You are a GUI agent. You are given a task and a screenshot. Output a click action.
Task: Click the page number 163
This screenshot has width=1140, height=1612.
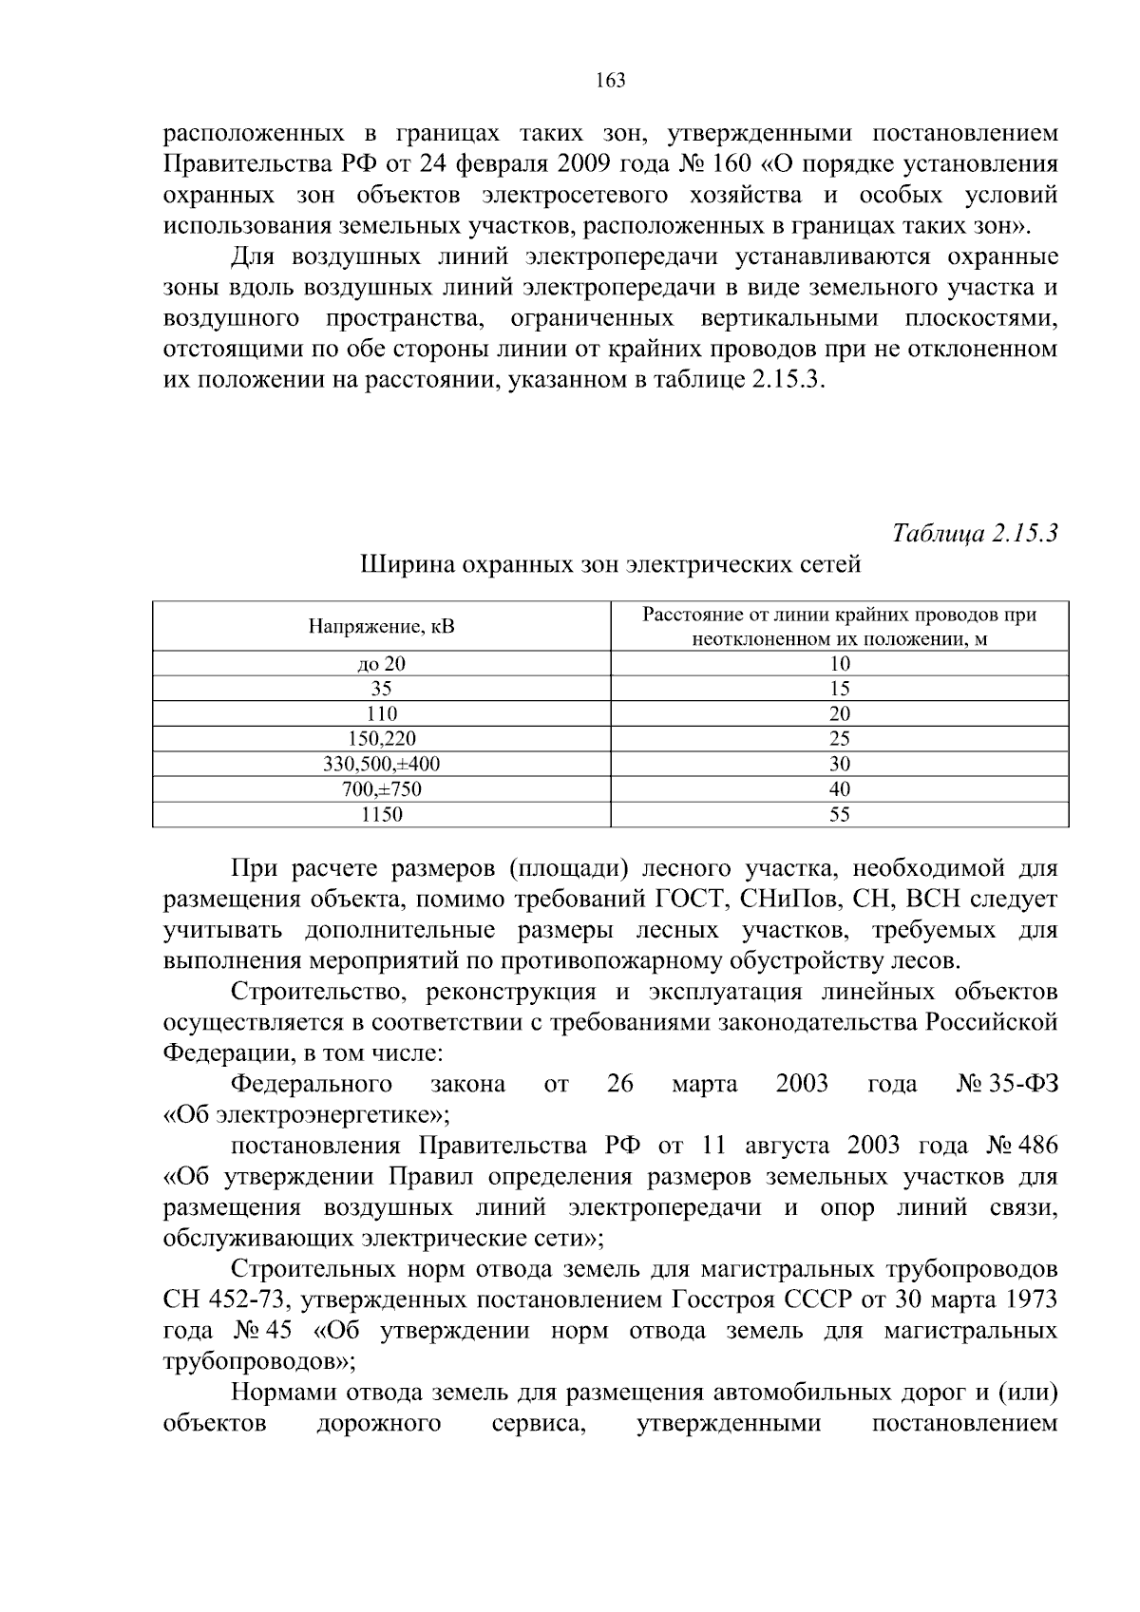(610, 81)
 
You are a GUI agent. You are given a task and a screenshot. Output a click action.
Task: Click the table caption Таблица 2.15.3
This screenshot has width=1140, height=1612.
(975, 533)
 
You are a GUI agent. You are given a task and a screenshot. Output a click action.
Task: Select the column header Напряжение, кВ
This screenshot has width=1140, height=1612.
(381, 626)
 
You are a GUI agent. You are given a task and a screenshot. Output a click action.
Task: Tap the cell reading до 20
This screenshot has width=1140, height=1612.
(381, 664)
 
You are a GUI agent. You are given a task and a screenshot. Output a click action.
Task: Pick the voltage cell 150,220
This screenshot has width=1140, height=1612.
(381, 739)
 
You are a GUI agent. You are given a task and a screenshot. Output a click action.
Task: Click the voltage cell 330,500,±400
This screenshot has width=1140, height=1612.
(381, 764)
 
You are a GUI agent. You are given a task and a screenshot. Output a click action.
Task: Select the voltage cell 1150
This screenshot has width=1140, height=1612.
(381, 814)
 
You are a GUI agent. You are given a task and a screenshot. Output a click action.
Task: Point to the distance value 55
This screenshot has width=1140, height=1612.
(839, 814)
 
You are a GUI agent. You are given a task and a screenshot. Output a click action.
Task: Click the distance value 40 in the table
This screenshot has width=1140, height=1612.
(839, 789)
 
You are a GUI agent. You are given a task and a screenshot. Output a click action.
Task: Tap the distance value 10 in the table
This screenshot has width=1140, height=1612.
(839, 664)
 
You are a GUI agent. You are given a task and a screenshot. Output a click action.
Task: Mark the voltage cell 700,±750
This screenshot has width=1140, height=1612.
(381, 789)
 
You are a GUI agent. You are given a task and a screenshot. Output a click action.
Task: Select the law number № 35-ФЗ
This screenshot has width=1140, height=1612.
(1006, 1084)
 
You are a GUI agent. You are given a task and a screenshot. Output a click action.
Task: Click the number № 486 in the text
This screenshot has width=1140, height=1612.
(1022, 1146)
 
